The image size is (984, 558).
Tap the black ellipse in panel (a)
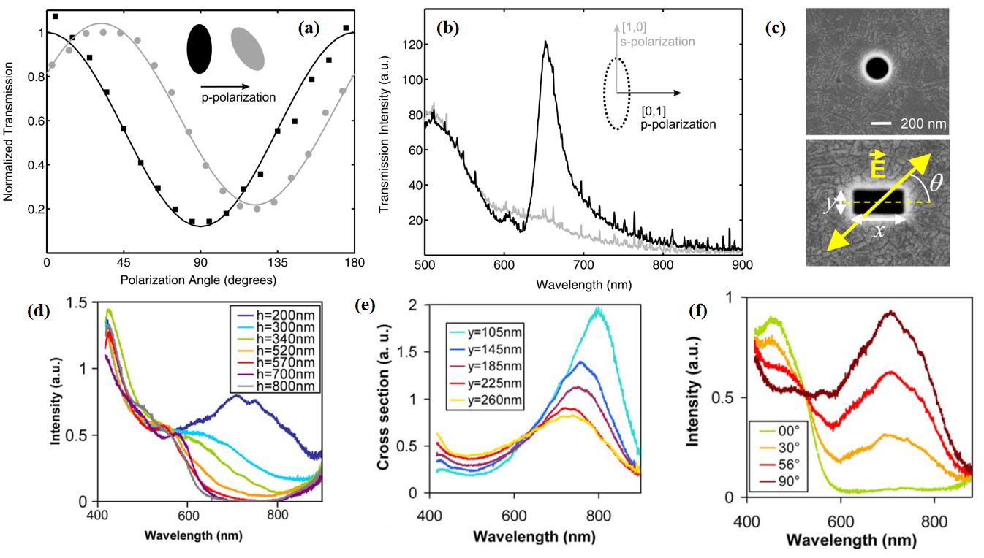[199, 49]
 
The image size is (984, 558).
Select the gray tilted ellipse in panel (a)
[249, 48]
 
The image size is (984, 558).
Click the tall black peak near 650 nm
[545, 44]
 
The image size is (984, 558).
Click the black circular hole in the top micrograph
[877, 69]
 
